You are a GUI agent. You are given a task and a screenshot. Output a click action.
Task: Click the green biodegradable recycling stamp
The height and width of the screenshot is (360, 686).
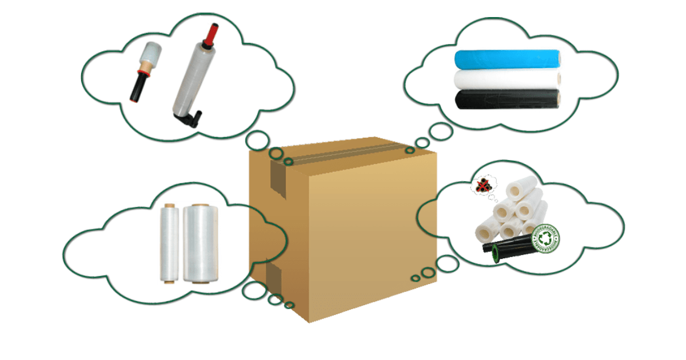tap(545, 239)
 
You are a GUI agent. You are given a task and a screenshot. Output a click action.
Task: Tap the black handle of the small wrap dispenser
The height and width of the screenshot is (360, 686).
tap(138, 86)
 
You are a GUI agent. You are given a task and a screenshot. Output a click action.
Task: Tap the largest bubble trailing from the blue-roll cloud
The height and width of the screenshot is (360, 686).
tap(441, 131)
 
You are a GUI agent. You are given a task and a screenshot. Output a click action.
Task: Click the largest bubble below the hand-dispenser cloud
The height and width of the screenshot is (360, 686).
tap(257, 139)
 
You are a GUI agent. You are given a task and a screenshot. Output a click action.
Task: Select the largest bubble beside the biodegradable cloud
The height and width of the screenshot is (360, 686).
tap(446, 263)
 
